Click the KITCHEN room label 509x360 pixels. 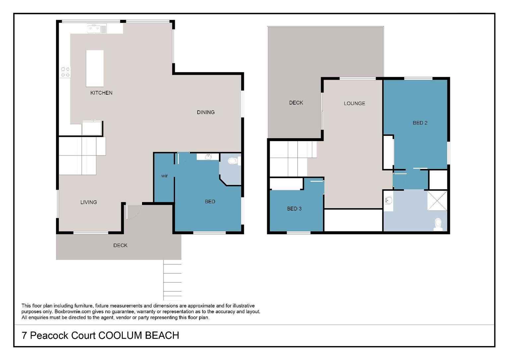click(101, 93)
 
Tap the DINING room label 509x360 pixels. click(206, 112)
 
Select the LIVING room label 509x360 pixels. click(89, 202)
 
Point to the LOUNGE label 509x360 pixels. click(354, 104)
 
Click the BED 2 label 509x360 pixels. click(420, 123)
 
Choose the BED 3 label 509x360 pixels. click(294, 209)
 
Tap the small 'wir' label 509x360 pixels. click(165, 176)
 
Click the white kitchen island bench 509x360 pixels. click(95, 68)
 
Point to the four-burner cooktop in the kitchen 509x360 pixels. click(65, 72)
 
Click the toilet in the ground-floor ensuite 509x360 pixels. click(233, 161)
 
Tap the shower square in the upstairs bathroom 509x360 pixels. click(437, 200)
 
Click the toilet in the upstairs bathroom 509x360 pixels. click(438, 224)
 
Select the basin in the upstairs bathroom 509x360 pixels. click(389, 201)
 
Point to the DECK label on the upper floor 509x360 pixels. click(296, 103)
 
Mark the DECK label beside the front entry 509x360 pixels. click(120, 245)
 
